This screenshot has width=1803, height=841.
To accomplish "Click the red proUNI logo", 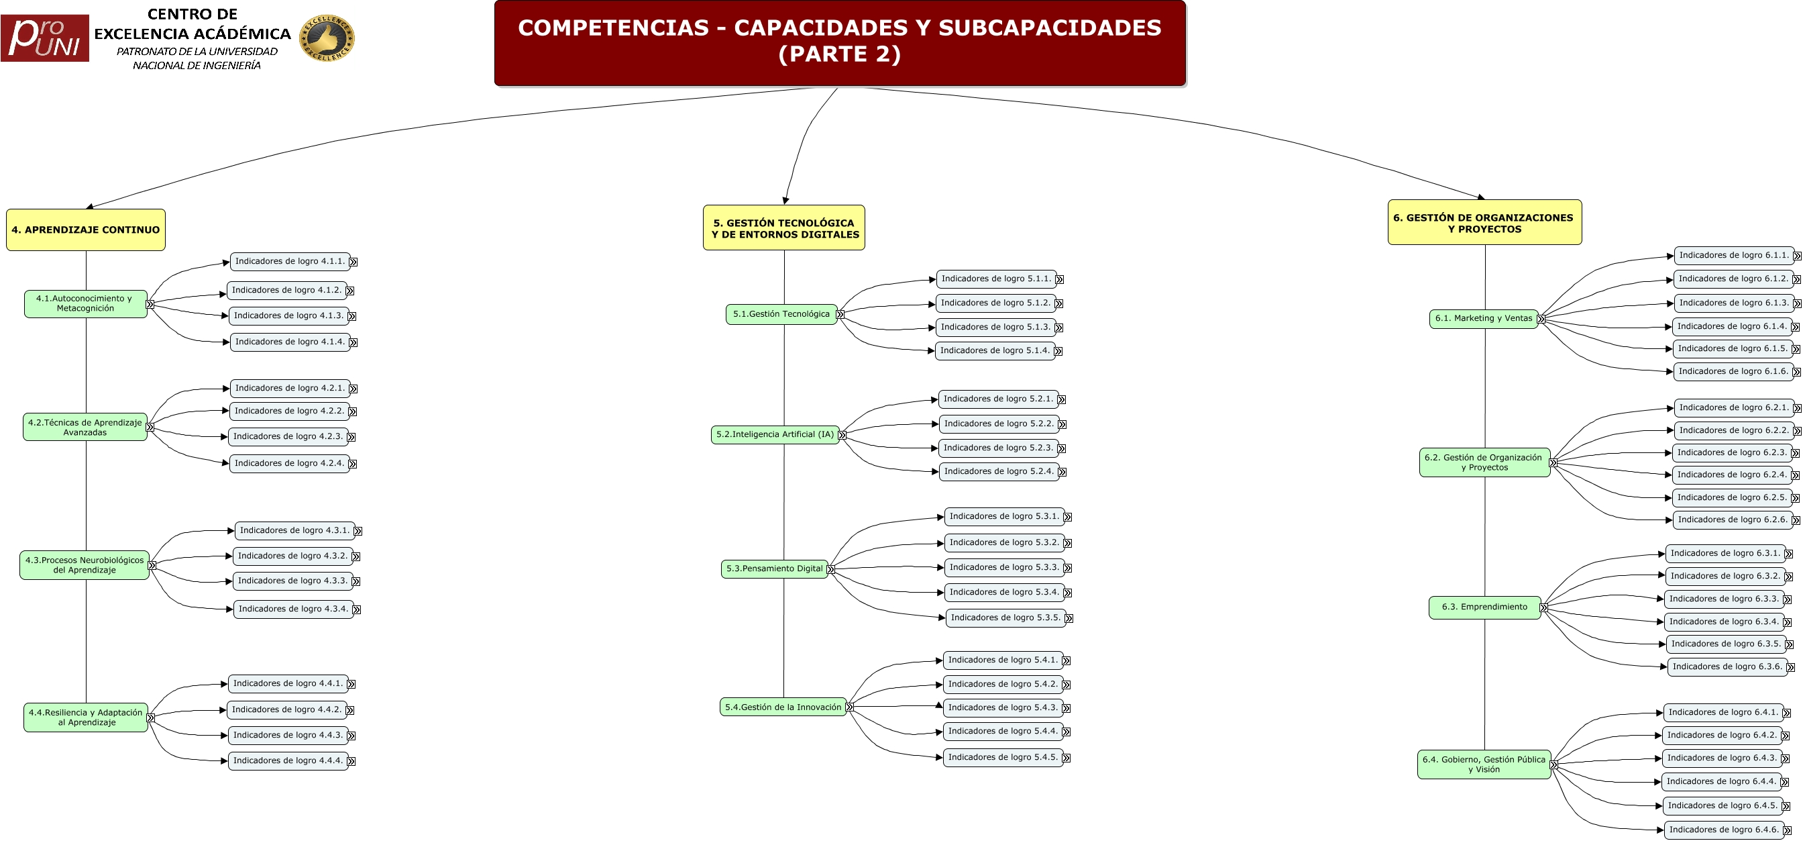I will [45, 38].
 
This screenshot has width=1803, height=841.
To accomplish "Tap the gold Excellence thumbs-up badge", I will [327, 38].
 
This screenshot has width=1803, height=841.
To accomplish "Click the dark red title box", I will [839, 43].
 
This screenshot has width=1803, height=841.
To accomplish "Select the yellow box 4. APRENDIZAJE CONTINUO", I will [85, 230].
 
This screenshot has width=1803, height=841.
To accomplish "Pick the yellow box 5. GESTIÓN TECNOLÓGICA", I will [784, 228].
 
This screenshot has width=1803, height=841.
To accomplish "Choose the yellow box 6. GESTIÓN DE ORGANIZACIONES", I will [1484, 223].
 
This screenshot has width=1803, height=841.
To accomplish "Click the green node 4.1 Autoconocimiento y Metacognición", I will [85, 304].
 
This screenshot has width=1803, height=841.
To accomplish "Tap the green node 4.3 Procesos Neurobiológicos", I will [84, 565].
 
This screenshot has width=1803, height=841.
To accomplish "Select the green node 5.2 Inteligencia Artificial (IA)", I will [775, 435].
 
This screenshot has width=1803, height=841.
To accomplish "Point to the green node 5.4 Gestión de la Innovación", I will [783, 707].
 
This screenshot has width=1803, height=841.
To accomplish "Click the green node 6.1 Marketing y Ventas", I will [1483, 319].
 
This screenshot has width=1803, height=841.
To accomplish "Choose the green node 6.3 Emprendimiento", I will [1484, 607].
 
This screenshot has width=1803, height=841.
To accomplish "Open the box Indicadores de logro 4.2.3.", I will [288, 437].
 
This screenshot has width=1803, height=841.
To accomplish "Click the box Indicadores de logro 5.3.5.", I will [1005, 617].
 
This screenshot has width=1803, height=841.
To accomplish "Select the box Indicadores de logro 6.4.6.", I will [1722, 830].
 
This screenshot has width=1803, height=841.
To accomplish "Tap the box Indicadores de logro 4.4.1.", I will [288, 684].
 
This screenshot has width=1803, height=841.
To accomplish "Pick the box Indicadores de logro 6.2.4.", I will [1732, 475].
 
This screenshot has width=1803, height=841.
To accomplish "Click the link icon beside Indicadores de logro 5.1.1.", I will [1060, 280].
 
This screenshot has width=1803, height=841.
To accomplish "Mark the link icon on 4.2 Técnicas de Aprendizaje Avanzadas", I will [150, 427].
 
